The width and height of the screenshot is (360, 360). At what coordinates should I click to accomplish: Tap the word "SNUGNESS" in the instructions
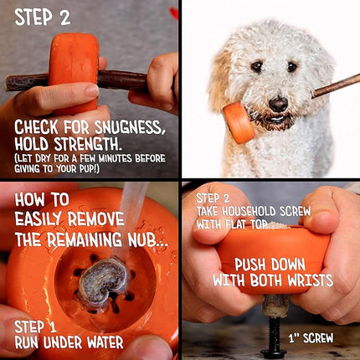coord(127,127)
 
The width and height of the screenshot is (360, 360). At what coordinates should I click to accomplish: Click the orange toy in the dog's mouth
coord(238,122)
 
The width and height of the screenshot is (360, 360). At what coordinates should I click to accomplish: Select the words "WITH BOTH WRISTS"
coord(272,280)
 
